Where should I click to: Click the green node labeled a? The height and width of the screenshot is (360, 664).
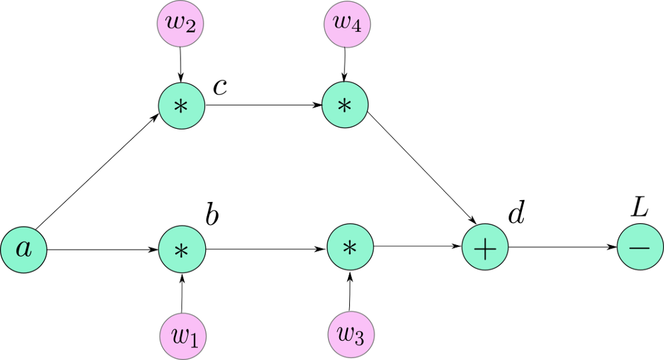[x=23, y=249]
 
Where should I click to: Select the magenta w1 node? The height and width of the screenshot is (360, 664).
[x=183, y=336]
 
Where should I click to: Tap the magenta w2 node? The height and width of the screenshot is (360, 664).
[x=180, y=23]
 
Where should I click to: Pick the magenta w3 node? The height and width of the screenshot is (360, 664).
[x=351, y=334]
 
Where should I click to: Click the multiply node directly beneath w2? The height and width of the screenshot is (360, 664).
[x=181, y=106]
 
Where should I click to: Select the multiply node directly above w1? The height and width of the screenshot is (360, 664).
[x=182, y=250]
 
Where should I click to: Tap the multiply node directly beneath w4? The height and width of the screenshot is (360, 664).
[x=345, y=104]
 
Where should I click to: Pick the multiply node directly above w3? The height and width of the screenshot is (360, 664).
[x=350, y=247]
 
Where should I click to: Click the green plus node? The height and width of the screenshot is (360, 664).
[x=485, y=247]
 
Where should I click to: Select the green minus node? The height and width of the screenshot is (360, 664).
[x=639, y=246]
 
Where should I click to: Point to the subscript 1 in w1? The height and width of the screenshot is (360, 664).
[x=194, y=341]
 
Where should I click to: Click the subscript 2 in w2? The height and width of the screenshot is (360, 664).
[x=190, y=28]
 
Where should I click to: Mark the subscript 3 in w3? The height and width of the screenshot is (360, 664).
[x=359, y=339]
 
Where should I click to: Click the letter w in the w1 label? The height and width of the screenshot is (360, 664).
[x=179, y=335]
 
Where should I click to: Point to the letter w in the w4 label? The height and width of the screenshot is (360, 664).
[x=342, y=21]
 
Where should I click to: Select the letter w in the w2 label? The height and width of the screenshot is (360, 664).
[x=175, y=21]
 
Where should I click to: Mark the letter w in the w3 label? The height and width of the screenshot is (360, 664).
[x=346, y=333]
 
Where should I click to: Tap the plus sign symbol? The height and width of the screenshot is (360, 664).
[x=485, y=247]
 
